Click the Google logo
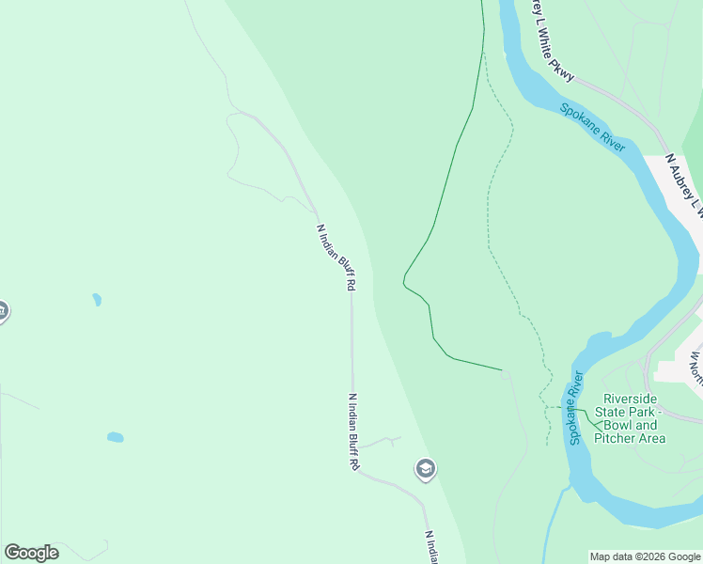click(31, 553)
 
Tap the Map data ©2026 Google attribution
click(645, 556)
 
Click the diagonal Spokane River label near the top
click(593, 127)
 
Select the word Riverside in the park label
click(632, 399)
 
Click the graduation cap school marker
click(426, 469)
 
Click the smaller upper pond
click(96, 300)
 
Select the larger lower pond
click(115, 437)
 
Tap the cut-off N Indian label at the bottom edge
click(433, 547)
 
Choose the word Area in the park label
click(651, 438)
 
